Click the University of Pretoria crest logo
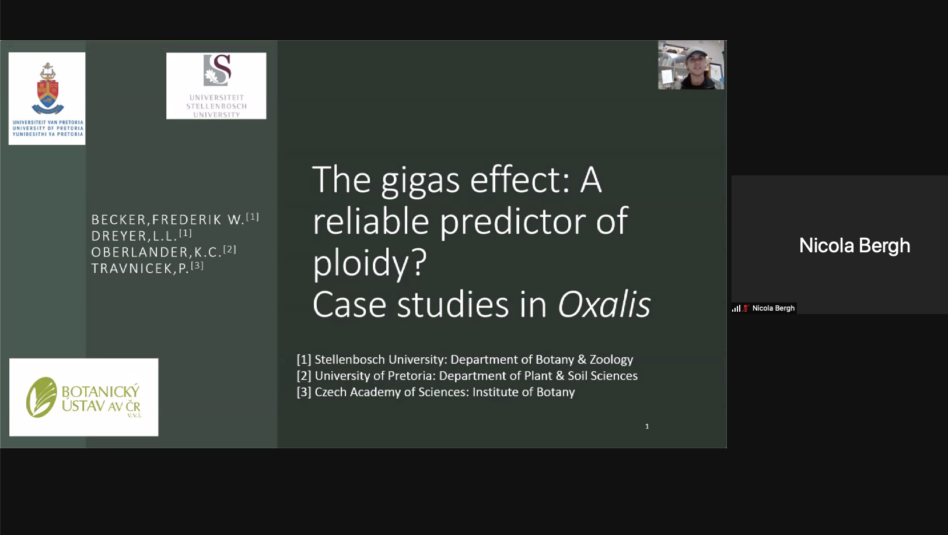pos(47,98)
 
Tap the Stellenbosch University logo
pos(216,86)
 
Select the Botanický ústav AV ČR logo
pos(84,397)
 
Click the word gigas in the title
pos(420,181)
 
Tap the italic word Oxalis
pos(604,304)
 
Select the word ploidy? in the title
pos(369,263)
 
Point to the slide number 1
pos(646,426)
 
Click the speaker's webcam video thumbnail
pos(691,65)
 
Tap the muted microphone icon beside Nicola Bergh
pos(746,308)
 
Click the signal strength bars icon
pos(736,308)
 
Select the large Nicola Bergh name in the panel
pos(855,246)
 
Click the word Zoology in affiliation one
pos(611,360)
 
